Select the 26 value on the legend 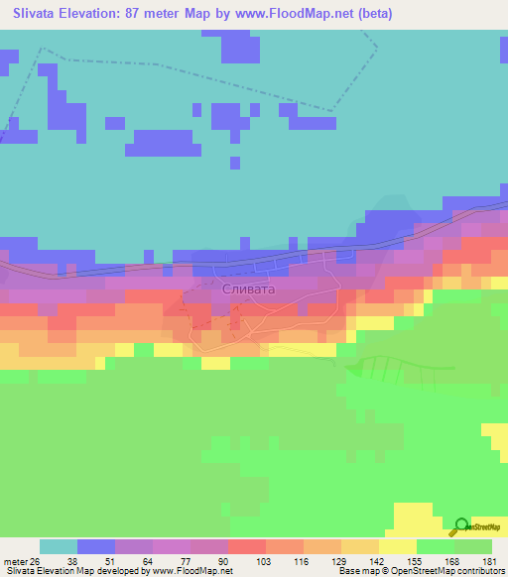[38, 561]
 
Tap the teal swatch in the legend [59, 546]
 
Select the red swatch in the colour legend [247, 546]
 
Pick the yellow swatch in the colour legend [398, 546]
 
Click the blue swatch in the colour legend [96, 546]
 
